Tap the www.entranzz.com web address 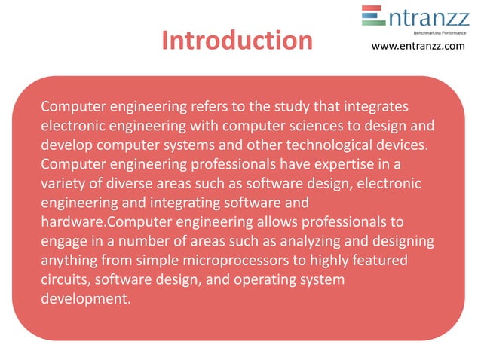click(418, 47)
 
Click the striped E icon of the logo click(373, 16)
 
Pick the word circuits click(66, 280)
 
